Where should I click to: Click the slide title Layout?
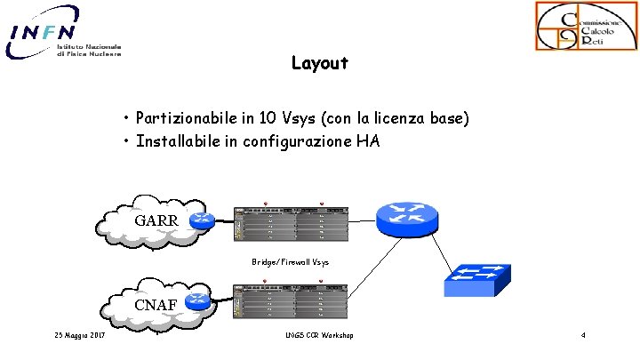point(319,64)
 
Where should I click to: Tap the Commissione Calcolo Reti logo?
point(584,26)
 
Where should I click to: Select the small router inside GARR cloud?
point(202,220)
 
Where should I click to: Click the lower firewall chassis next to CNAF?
point(290,303)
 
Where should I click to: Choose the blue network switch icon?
point(476,281)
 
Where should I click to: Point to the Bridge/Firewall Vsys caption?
point(290,262)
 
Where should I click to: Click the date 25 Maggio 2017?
point(78,335)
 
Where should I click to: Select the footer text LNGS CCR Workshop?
point(319,335)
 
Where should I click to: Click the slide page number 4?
point(582,335)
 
